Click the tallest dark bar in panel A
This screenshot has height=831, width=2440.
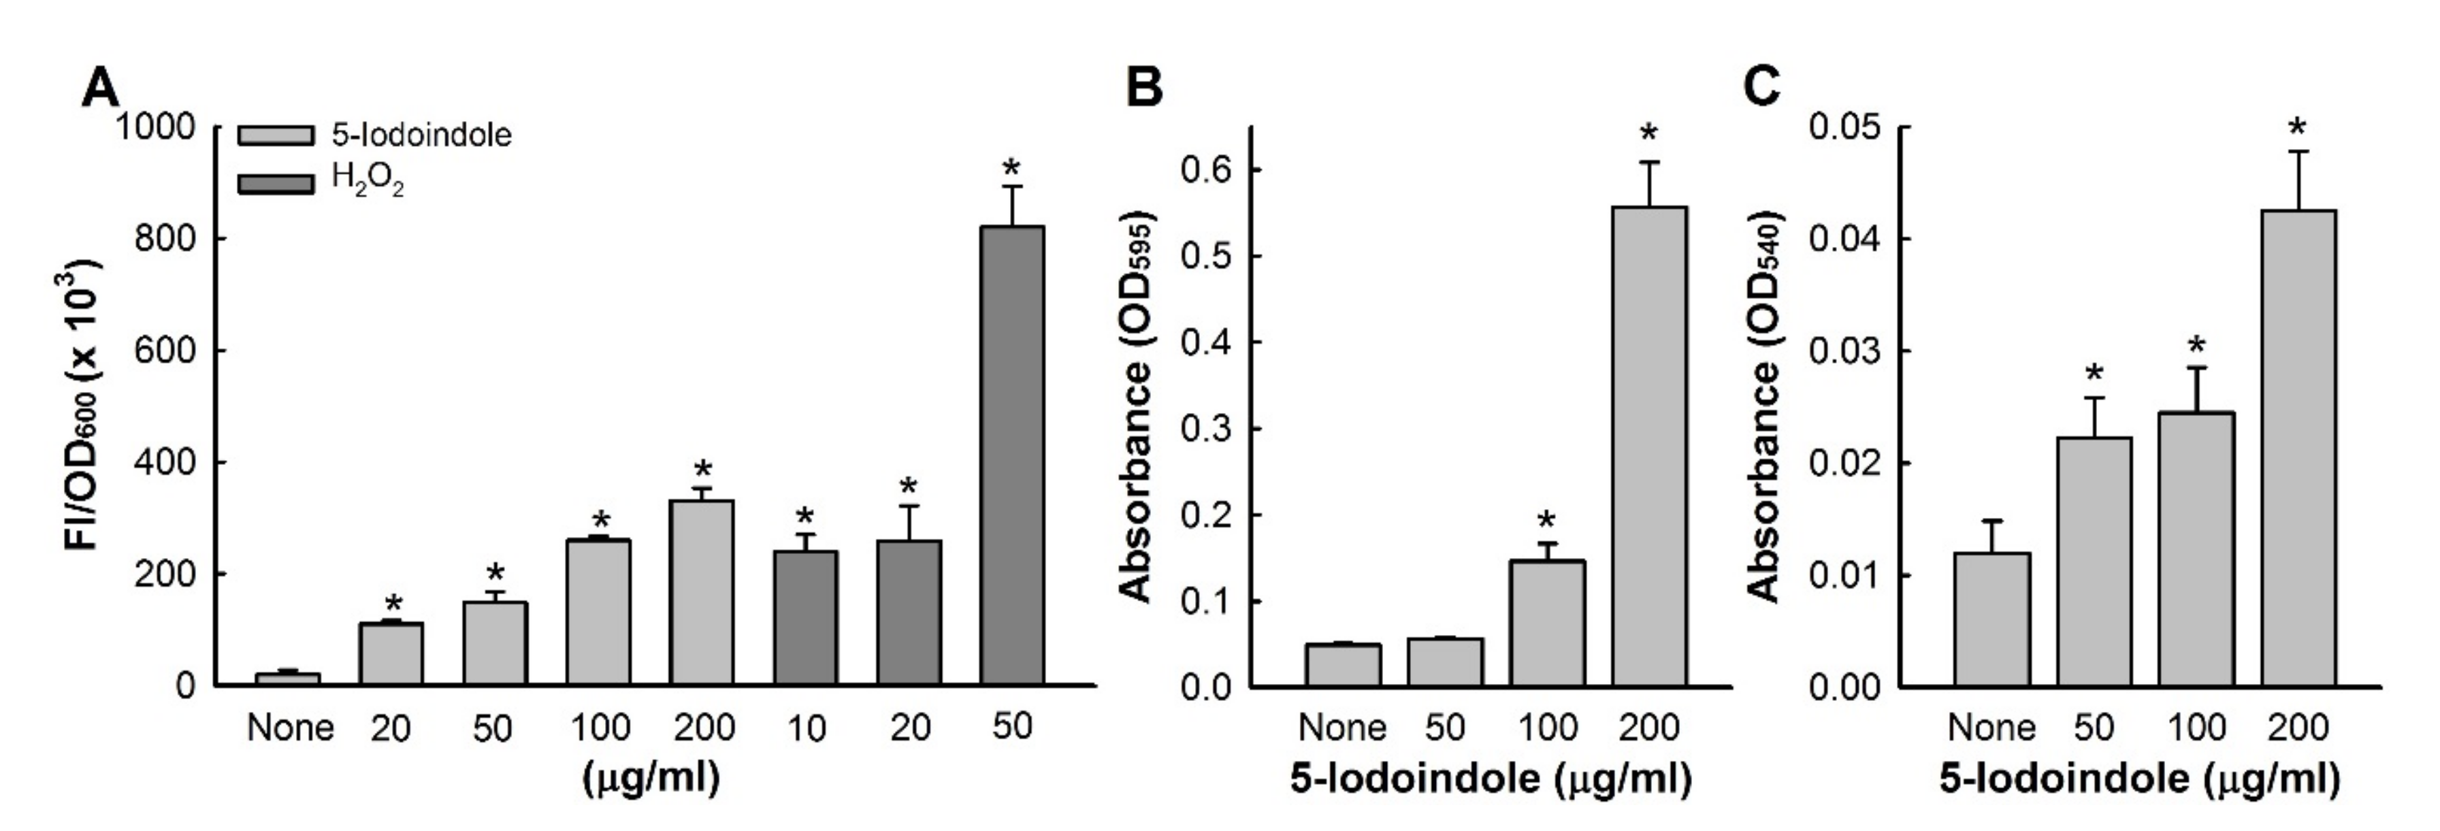[x=1011, y=455]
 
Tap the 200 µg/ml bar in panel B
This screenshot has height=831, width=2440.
[x=1649, y=445]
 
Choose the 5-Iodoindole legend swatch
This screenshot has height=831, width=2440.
[x=275, y=135]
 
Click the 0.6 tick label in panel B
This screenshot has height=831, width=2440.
[x=1205, y=171]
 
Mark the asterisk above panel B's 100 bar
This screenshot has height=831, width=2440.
[x=1546, y=520]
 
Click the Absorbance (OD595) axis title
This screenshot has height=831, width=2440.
[x=1136, y=408]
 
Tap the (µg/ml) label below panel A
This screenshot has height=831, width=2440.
[x=650, y=779]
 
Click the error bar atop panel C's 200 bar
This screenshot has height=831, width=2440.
[x=2298, y=180]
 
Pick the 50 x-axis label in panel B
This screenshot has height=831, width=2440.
[x=1444, y=728]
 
